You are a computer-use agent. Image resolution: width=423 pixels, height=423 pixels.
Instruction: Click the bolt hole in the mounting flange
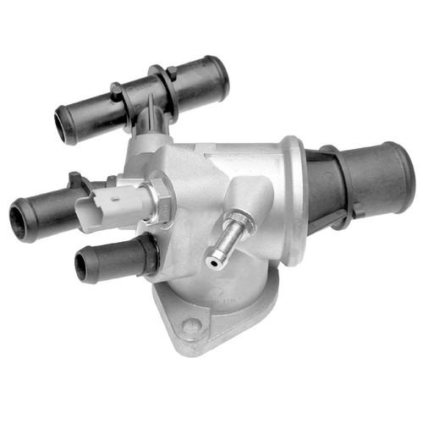[x=193, y=325]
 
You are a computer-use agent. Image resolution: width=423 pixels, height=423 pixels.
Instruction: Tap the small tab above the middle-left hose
[x=75, y=179]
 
